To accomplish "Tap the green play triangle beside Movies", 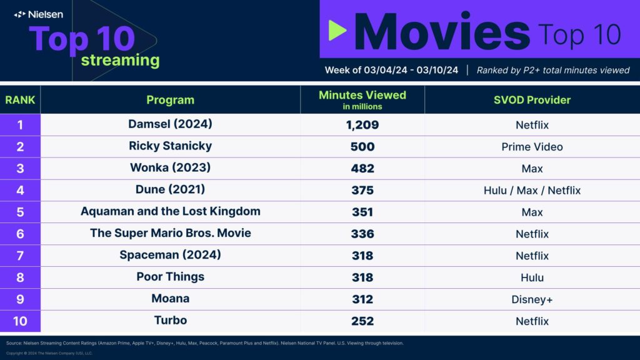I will tap(337, 30).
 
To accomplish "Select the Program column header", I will tap(170, 100).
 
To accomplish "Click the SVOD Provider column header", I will tap(532, 100).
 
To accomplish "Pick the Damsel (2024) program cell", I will tap(170, 124).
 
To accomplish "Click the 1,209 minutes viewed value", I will tap(362, 125).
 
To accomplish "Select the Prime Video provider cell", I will tap(532, 147).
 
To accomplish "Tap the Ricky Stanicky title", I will tap(170, 146).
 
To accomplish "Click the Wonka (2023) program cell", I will tap(170, 168).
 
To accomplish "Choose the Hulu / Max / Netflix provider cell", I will tap(532, 191).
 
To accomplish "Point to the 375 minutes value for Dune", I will tap(362, 191).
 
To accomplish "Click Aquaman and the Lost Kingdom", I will tap(170, 211).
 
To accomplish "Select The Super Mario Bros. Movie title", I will tap(170, 233).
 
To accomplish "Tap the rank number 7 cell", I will tap(20, 256).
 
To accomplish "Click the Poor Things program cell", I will tap(170, 277).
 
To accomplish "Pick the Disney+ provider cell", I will tap(532, 299).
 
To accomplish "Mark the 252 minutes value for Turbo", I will tap(362, 321).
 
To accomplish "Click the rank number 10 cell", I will tap(20, 321).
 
